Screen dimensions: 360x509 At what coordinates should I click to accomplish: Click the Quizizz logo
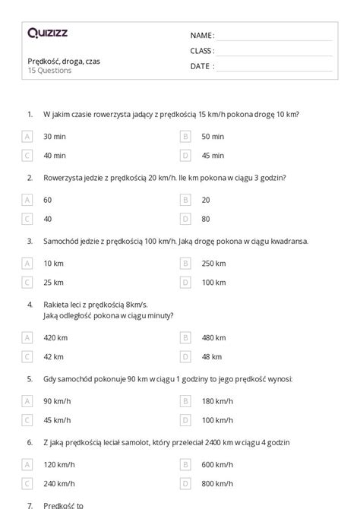tap(47, 33)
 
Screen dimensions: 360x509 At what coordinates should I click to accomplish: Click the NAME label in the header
tap(201, 35)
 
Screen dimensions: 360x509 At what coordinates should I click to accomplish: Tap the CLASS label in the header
tap(202, 50)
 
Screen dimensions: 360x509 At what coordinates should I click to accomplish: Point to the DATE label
tap(201, 66)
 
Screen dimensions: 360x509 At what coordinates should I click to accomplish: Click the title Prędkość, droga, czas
tap(63, 61)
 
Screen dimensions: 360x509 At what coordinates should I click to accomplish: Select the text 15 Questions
tap(49, 71)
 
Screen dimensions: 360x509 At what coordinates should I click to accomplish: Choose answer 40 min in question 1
tap(54, 156)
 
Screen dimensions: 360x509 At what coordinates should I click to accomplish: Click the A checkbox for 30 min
tap(27, 137)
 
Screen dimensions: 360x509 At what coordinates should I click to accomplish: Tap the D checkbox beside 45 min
tap(185, 156)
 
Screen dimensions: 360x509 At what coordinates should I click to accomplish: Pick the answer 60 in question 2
tap(48, 200)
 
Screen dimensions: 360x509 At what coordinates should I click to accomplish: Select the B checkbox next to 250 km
tap(185, 264)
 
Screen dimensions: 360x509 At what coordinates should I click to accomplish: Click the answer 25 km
tap(53, 283)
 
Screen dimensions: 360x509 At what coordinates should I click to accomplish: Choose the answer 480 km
tap(213, 337)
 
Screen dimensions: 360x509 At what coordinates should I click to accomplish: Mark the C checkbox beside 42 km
tap(27, 356)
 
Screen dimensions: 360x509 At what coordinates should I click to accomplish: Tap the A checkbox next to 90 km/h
tap(27, 400)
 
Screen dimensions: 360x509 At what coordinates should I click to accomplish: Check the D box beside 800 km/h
tap(185, 482)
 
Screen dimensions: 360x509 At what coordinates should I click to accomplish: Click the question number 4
tap(30, 305)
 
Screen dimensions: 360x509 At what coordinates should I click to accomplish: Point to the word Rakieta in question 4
tap(56, 305)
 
